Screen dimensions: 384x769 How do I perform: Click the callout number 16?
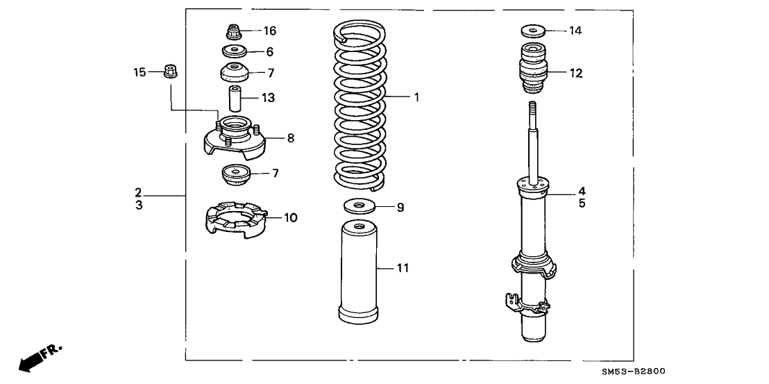pyautogui.click(x=270, y=31)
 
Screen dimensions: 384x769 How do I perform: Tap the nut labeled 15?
pyautogui.click(x=169, y=70)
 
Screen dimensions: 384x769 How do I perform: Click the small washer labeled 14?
pyautogui.click(x=533, y=31)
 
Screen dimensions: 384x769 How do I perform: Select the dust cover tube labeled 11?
pyautogui.click(x=359, y=274)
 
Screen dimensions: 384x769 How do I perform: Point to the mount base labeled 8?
pyautogui.click(x=236, y=137)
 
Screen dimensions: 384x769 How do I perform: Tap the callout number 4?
pyautogui.click(x=582, y=190)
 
